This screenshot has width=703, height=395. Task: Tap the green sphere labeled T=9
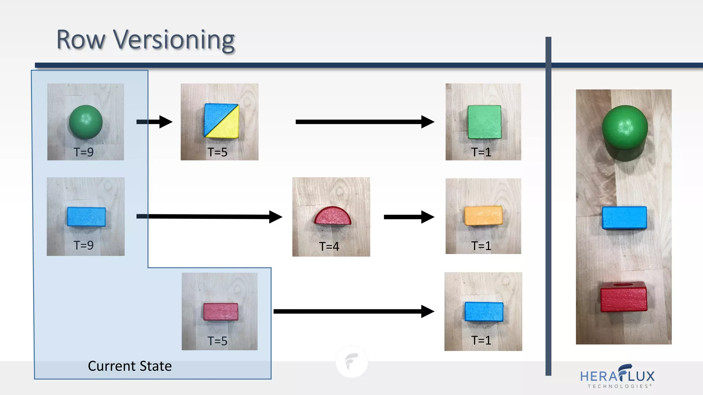coord(86,122)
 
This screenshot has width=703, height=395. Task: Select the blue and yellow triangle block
coord(221,121)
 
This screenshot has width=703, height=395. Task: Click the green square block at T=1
coord(484,122)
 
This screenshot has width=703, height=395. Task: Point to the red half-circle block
coord(332,216)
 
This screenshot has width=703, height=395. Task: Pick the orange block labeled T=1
coord(483,215)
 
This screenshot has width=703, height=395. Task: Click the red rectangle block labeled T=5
coord(220,311)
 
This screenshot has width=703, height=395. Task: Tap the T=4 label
coord(329,246)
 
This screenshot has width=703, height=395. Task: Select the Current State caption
coord(130,366)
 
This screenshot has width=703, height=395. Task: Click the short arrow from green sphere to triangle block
coord(154,122)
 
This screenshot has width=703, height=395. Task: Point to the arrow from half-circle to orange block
coord(408,217)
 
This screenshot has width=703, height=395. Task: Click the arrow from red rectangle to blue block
coord(354,311)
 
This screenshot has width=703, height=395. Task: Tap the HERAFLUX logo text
coord(617,376)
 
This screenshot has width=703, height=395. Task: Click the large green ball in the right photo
coord(625,128)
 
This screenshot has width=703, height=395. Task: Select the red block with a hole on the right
coord(624,297)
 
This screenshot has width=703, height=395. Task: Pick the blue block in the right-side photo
coord(624,217)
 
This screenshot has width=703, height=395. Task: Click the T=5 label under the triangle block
coord(217,152)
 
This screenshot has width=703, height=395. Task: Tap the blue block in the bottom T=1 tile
coord(484,312)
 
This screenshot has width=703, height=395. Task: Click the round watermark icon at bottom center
coord(351,362)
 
